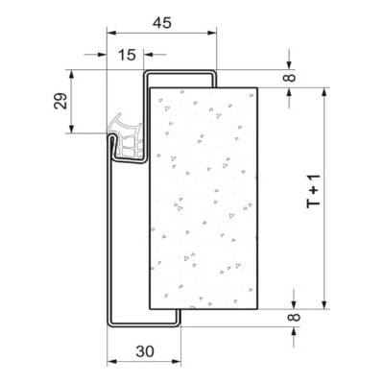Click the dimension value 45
coord(162,23)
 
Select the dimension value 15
coord(127,55)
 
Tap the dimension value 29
coord(60,101)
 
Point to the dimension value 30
coord(145,351)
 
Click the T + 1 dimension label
coord(314,191)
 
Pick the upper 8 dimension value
coord(291,78)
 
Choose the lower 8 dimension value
coord(295,317)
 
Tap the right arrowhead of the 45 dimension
coord(212,33)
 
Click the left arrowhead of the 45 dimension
coord(111,33)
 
